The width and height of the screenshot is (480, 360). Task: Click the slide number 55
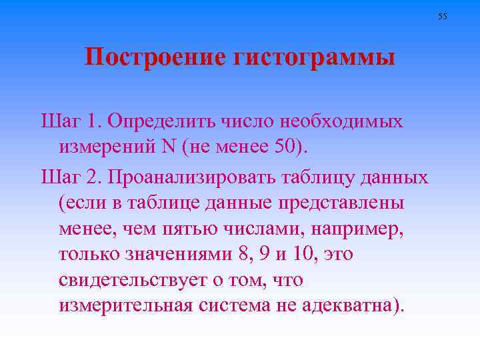[x=443, y=16]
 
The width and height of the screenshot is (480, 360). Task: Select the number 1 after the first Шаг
[x=93, y=122]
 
